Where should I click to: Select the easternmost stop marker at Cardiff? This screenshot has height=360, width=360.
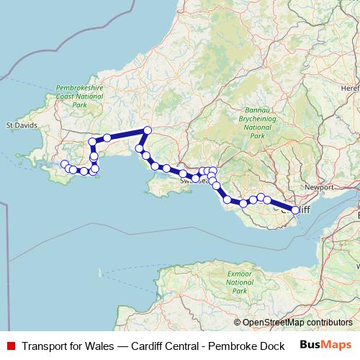tap(295, 210)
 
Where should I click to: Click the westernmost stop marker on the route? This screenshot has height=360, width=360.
tap(64, 163)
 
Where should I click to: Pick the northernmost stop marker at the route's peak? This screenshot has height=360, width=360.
tap(147, 130)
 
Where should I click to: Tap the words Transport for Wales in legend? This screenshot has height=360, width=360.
tap(68, 346)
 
